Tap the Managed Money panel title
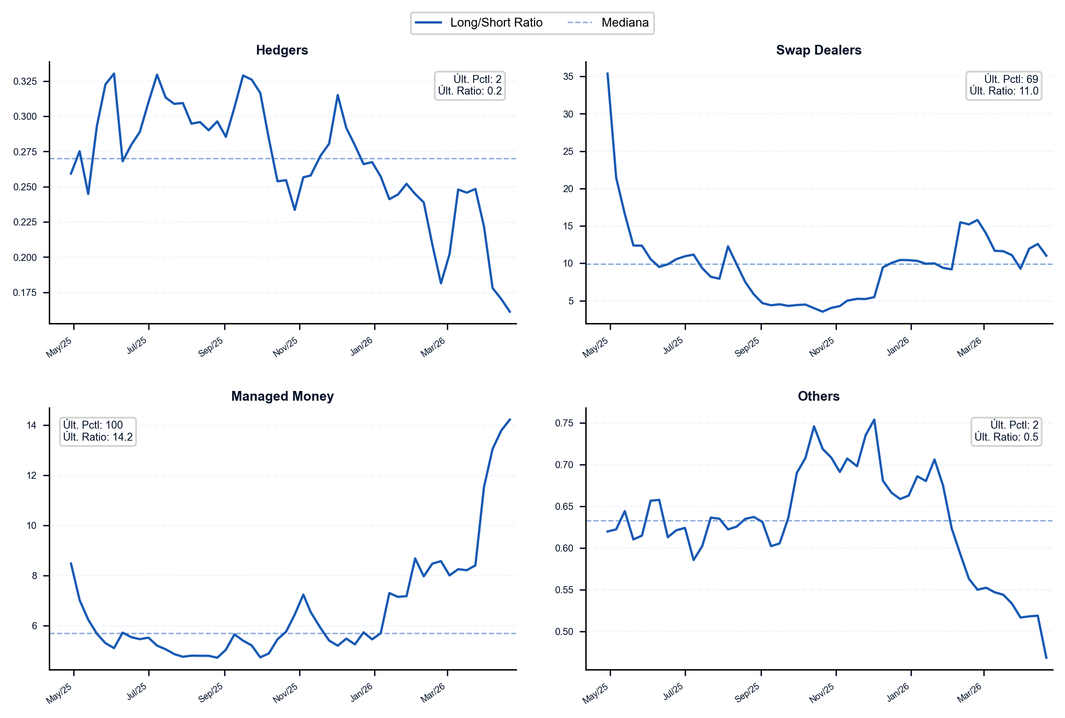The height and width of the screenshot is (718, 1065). tap(282, 396)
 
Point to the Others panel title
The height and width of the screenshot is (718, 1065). tap(818, 396)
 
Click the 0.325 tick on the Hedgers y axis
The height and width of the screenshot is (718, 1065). tap(25, 82)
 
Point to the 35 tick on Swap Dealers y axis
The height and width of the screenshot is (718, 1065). tap(568, 76)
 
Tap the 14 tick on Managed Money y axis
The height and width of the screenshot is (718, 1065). tap(31, 426)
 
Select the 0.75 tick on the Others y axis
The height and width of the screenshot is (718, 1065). tap(564, 423)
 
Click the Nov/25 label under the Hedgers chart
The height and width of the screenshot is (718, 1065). tap(285, 347)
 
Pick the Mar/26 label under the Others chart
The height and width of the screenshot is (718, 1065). tap(969, 693)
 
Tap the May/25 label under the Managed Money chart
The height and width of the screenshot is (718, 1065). tap(59, 693)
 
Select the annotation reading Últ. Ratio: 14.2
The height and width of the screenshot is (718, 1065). tap(98, 437)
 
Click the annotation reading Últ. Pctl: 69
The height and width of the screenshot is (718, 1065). tap(1011, 79)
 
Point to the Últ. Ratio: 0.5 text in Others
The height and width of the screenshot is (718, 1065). tap(1006, 437)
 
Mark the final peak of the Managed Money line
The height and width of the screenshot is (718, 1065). tap(510, 419)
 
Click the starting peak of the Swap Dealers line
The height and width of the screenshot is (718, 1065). tap(607, 73)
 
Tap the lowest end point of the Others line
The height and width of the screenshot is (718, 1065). tap(1047, 658)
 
